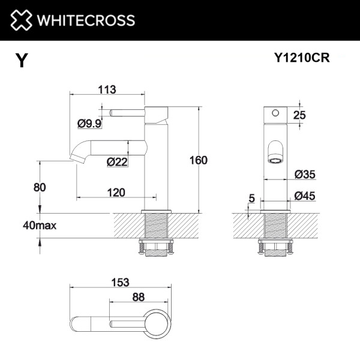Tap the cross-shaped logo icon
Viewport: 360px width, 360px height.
20,20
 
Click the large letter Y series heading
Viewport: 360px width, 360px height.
21,61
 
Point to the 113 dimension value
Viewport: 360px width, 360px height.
106,89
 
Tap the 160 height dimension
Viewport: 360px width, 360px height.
199,160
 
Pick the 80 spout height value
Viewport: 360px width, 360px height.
40,187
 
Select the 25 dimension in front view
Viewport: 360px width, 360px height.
299,115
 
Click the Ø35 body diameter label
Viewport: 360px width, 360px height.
305,175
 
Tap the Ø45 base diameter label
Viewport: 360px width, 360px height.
305,196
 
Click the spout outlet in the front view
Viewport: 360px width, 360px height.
276,161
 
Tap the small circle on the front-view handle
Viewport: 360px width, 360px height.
275,112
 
